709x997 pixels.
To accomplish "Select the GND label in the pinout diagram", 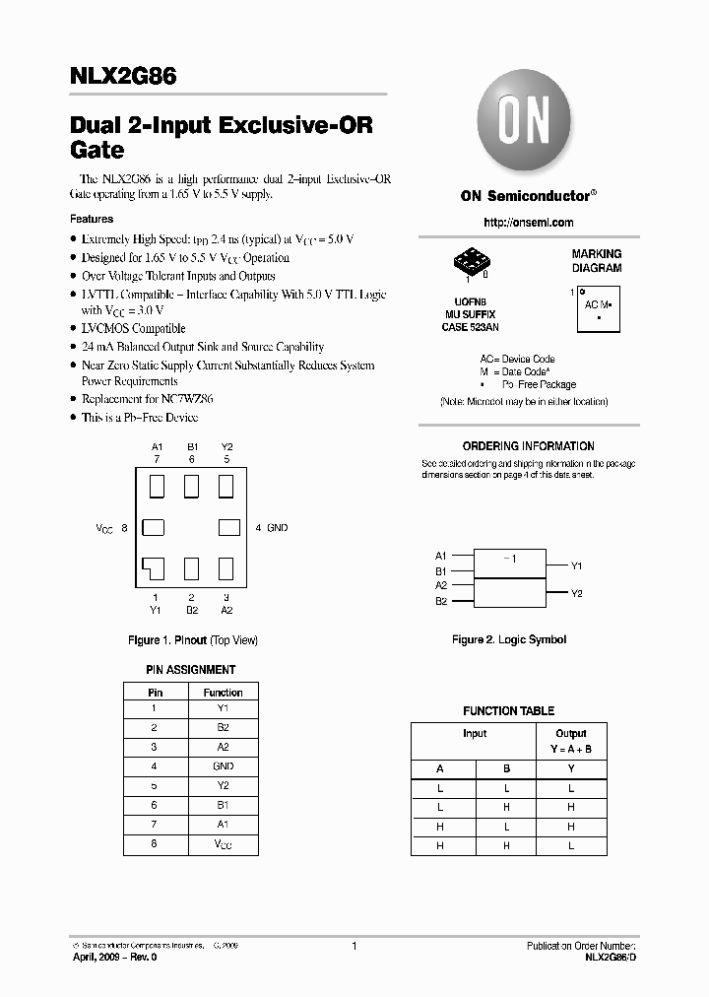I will click(x=278, y=528).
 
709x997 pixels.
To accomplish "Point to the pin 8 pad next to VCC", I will click(x=153, y=528).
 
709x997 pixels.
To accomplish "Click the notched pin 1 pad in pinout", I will click(x=154, y=568).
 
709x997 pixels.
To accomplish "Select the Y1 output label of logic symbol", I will click(x=577, y=566).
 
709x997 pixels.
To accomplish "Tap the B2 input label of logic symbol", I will click(x=441, y=601).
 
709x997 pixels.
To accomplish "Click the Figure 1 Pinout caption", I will click(x=193, y=640).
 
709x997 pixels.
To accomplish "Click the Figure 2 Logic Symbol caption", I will click(x=509, y=640).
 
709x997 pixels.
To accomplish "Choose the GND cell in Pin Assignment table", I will click(x=223, y=766).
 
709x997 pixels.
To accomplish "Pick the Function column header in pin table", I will click(x=223, y=693).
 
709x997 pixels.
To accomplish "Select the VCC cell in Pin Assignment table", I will click(x=223, y=845).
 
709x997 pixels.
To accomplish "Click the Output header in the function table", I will click(x=570, y=734).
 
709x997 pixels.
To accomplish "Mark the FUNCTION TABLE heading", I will click(x=508, y=711).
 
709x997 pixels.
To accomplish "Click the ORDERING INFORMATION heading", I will click(x=528, y=446).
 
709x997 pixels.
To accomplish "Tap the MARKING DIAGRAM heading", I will click(x=597, y=261).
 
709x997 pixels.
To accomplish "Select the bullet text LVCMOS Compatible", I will click(x=133, y=329).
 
